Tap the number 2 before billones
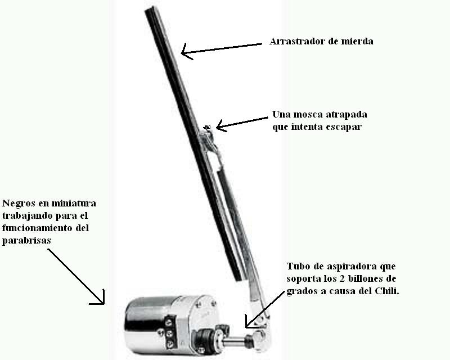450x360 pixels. click(x=328, y=278)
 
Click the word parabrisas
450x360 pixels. click(x=26, y=241)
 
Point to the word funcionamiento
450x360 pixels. click(x=37, y=228)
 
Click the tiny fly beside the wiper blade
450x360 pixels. click(x=206, y=127)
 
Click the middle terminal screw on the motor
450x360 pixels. click(x=169, y=333)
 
